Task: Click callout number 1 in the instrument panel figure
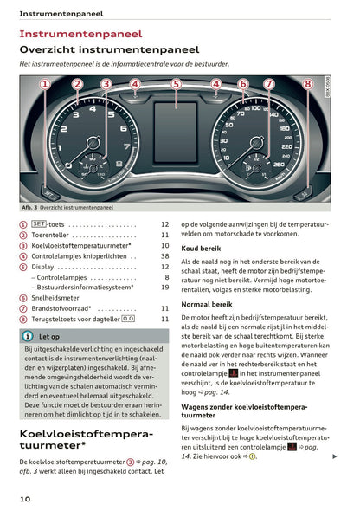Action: click(x=44, y=84)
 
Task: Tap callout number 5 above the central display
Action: click(x=177, y=84)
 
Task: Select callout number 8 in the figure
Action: click(x=308, y=84)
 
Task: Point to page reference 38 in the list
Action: click(x=164, y=256)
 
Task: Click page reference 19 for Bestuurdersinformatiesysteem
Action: click(x=164, y=288)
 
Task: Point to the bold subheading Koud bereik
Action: click(x=202, y=249)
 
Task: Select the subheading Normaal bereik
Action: click(x=209, y=305)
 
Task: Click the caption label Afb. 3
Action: click(x=32, y=208)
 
